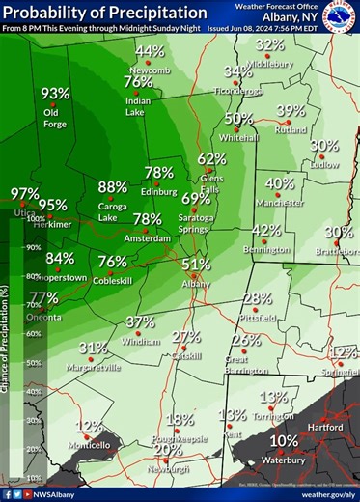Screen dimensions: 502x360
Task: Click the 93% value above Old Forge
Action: (55, 94)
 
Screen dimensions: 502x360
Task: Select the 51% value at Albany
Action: (196, 265)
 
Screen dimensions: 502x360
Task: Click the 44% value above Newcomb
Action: (150, 52)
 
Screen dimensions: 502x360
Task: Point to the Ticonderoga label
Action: (237, 91)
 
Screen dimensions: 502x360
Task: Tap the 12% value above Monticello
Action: (89, 426)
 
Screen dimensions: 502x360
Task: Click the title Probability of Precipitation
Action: (104, 13)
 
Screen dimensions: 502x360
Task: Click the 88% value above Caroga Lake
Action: (112, 187)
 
